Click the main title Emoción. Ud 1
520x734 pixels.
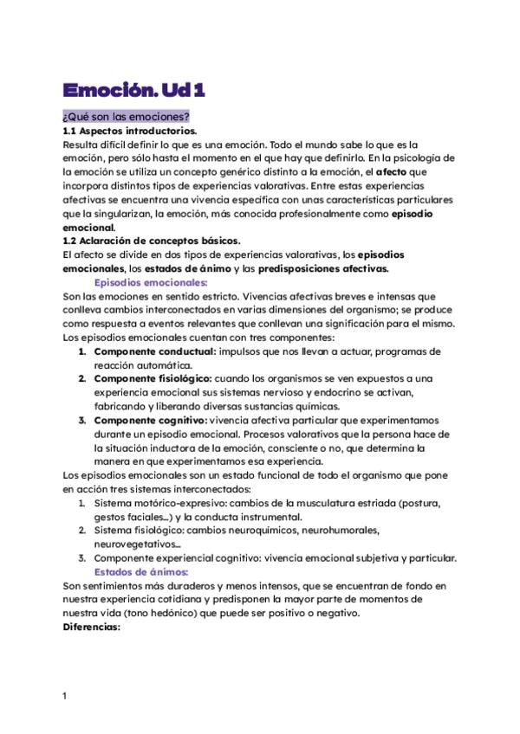click(x=134, y=90)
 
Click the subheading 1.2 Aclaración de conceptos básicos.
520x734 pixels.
click(x=152, y=241)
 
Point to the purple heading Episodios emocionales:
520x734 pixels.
click(x=150, y=282)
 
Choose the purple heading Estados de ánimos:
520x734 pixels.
click(x=140, y=572)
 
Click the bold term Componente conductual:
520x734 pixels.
click(x=154, y=351)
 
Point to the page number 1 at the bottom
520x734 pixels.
click(x=65, y=696)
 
